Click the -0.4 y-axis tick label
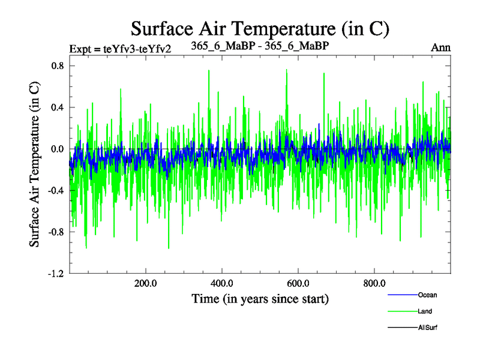55,190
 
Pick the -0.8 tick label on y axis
55,232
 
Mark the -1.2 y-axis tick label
55,273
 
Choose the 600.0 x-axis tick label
298,283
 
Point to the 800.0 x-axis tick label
374,283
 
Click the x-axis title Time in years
260,298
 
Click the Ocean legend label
427,295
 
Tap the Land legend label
425,311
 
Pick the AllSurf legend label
428,328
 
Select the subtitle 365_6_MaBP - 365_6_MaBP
259,46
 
